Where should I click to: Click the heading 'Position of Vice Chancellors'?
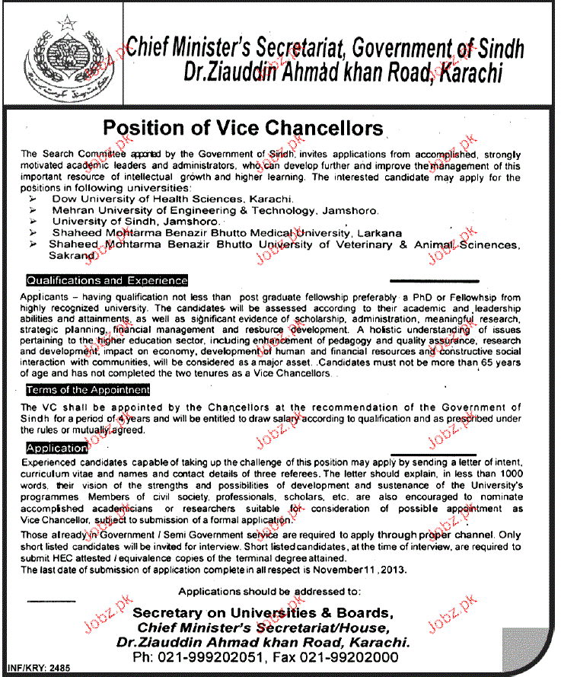pyautogui.click(x=243, y=126)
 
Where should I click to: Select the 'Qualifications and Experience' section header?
pyautogui.click(x=107, y=280)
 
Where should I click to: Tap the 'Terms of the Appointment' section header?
pyautogui.click(x=88, y=390)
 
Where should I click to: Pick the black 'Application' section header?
pyautogui.click(x=56, y=448)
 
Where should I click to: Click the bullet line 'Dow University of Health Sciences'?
pyautogui.click(x=173, y=197)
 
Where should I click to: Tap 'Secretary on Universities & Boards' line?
pyautogui.click(x=263, y=613)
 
